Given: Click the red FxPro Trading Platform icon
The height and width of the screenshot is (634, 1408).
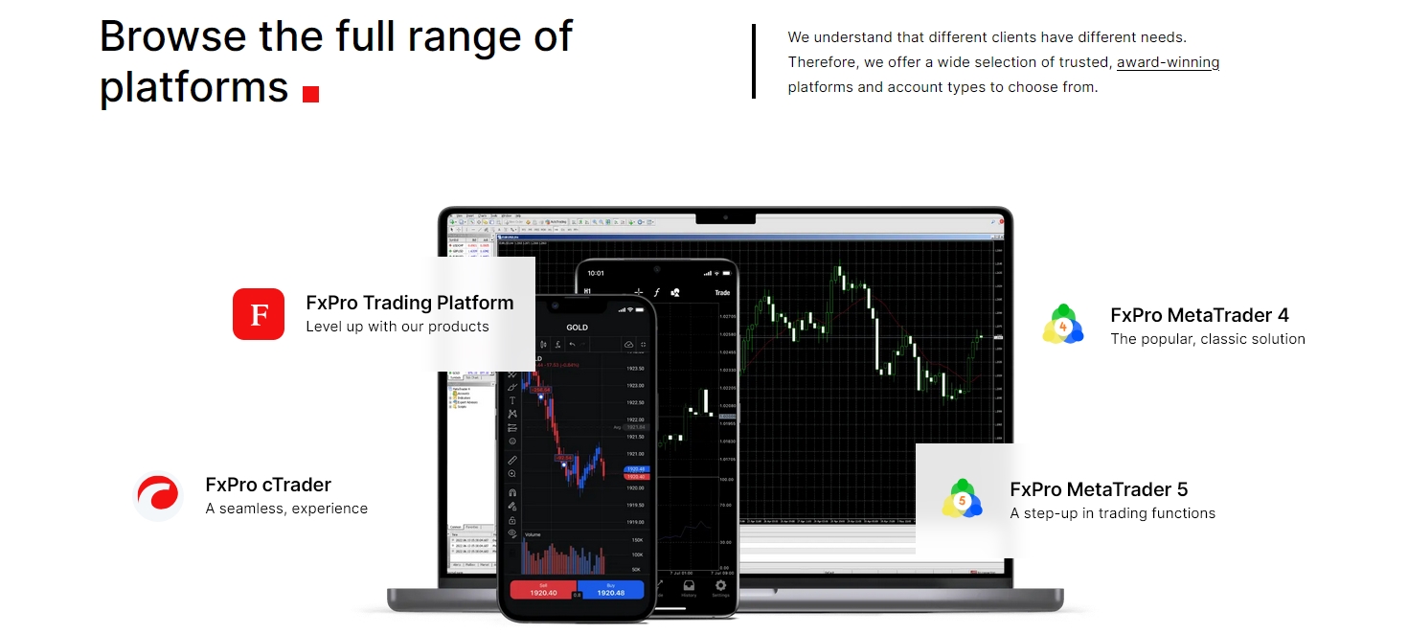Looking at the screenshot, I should (259, 314).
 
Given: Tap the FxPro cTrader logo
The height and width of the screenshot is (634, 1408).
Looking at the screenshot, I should (158, 496).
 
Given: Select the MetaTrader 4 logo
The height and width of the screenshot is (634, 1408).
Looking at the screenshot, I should (1063, 326).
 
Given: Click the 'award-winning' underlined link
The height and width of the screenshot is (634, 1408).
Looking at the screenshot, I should (1168, 62).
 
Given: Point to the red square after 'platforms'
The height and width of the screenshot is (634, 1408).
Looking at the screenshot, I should (310, 94).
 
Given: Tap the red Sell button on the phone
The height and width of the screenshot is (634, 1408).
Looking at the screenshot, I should (543, 589).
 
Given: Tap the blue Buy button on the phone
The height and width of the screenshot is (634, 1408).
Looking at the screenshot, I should (610, 589).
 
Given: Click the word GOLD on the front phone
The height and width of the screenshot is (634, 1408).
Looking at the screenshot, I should (577, 327).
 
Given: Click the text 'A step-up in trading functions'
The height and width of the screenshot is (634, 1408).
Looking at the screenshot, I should (1112, 513).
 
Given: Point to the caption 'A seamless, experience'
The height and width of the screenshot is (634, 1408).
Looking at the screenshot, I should (286, 509).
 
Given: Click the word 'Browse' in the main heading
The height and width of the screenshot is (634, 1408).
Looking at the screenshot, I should (173, 36).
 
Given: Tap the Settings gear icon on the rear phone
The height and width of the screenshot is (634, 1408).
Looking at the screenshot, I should (720, 586).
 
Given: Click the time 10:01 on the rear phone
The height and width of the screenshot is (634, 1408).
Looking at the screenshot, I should (596, 273).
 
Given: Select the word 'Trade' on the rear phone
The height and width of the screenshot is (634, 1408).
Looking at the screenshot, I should (722, 292).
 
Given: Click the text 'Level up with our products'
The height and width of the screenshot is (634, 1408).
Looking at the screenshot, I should (397, 327).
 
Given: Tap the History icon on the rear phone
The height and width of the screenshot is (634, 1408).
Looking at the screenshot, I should (689, 587).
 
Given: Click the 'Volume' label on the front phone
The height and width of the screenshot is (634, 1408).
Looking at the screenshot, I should (534, 534).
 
